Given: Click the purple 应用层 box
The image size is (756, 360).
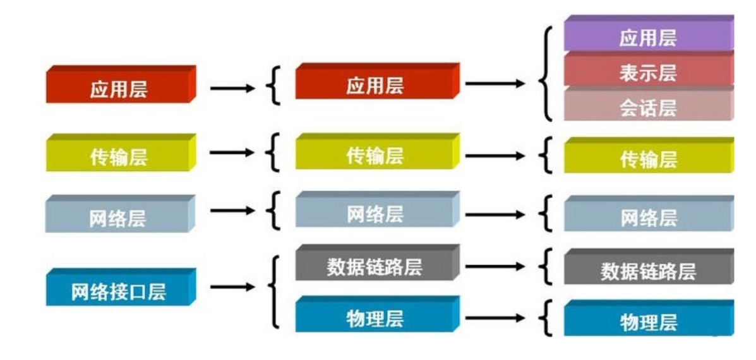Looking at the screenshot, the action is pos(648,37).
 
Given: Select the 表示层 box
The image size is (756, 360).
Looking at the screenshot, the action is pos(648,71).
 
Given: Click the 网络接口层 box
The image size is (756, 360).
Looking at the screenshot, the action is pos(119,290).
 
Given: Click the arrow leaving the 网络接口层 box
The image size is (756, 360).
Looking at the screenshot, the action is pos(232,287).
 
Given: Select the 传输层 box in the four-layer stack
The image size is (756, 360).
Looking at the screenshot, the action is pos(119,155).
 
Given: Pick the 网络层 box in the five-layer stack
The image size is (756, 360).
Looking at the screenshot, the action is pos(375,213).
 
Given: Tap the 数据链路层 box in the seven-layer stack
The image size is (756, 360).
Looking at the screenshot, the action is pos(648,270).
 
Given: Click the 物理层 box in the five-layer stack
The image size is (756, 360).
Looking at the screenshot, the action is pos(375,317).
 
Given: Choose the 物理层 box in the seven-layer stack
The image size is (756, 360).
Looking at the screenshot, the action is pos(648,321).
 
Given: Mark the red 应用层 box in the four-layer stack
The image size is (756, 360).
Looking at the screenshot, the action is pos(119,87).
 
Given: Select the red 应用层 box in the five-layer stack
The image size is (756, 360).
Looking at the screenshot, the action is pos(375,84).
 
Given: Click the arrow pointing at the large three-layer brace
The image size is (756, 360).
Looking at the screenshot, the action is pos(495,83).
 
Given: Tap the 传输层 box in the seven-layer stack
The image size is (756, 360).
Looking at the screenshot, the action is pos(648,158).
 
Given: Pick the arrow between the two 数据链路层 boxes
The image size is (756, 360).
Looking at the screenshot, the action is pos(495,267).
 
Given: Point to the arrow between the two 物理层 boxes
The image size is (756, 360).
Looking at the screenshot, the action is pos(495,318).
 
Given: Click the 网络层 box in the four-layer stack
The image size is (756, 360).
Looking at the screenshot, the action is pos(119,217).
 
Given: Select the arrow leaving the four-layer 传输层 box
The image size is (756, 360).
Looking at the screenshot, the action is pos(232,153).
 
